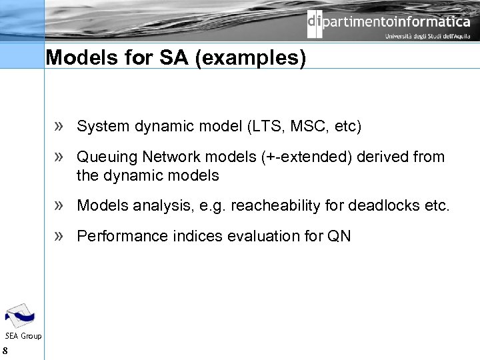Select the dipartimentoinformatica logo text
389,22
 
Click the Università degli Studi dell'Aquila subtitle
427,37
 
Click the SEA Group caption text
23,336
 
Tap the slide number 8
5,351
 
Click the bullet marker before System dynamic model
59,126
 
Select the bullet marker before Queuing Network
59,157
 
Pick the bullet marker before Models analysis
59,205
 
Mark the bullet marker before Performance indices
59,236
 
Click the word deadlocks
383,205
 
